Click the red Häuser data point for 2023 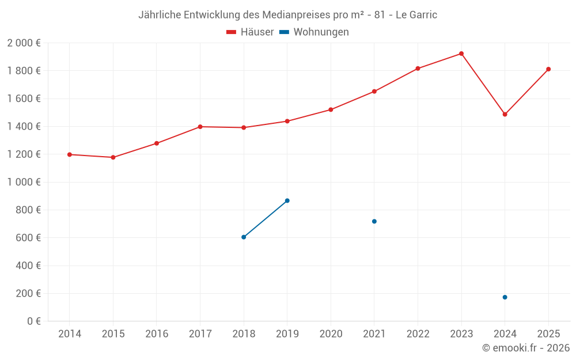coord(461,54)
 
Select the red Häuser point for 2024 coord(505,114)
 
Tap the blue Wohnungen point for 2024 coord(505,297)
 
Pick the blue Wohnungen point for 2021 coord(374,221)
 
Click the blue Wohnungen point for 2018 coord(244,237)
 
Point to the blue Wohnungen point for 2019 coord(287,200)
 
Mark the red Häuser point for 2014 coord(70,154)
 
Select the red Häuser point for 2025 coord(548,69)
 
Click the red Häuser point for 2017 coord(200,127)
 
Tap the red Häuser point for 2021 coord(374,91)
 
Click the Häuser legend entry coord(251,32)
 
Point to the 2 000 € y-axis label coord(24,43)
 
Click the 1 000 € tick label coord(24,182)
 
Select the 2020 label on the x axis coord(331,334)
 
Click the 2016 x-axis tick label coord(157,334)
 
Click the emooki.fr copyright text coord(526,348)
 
